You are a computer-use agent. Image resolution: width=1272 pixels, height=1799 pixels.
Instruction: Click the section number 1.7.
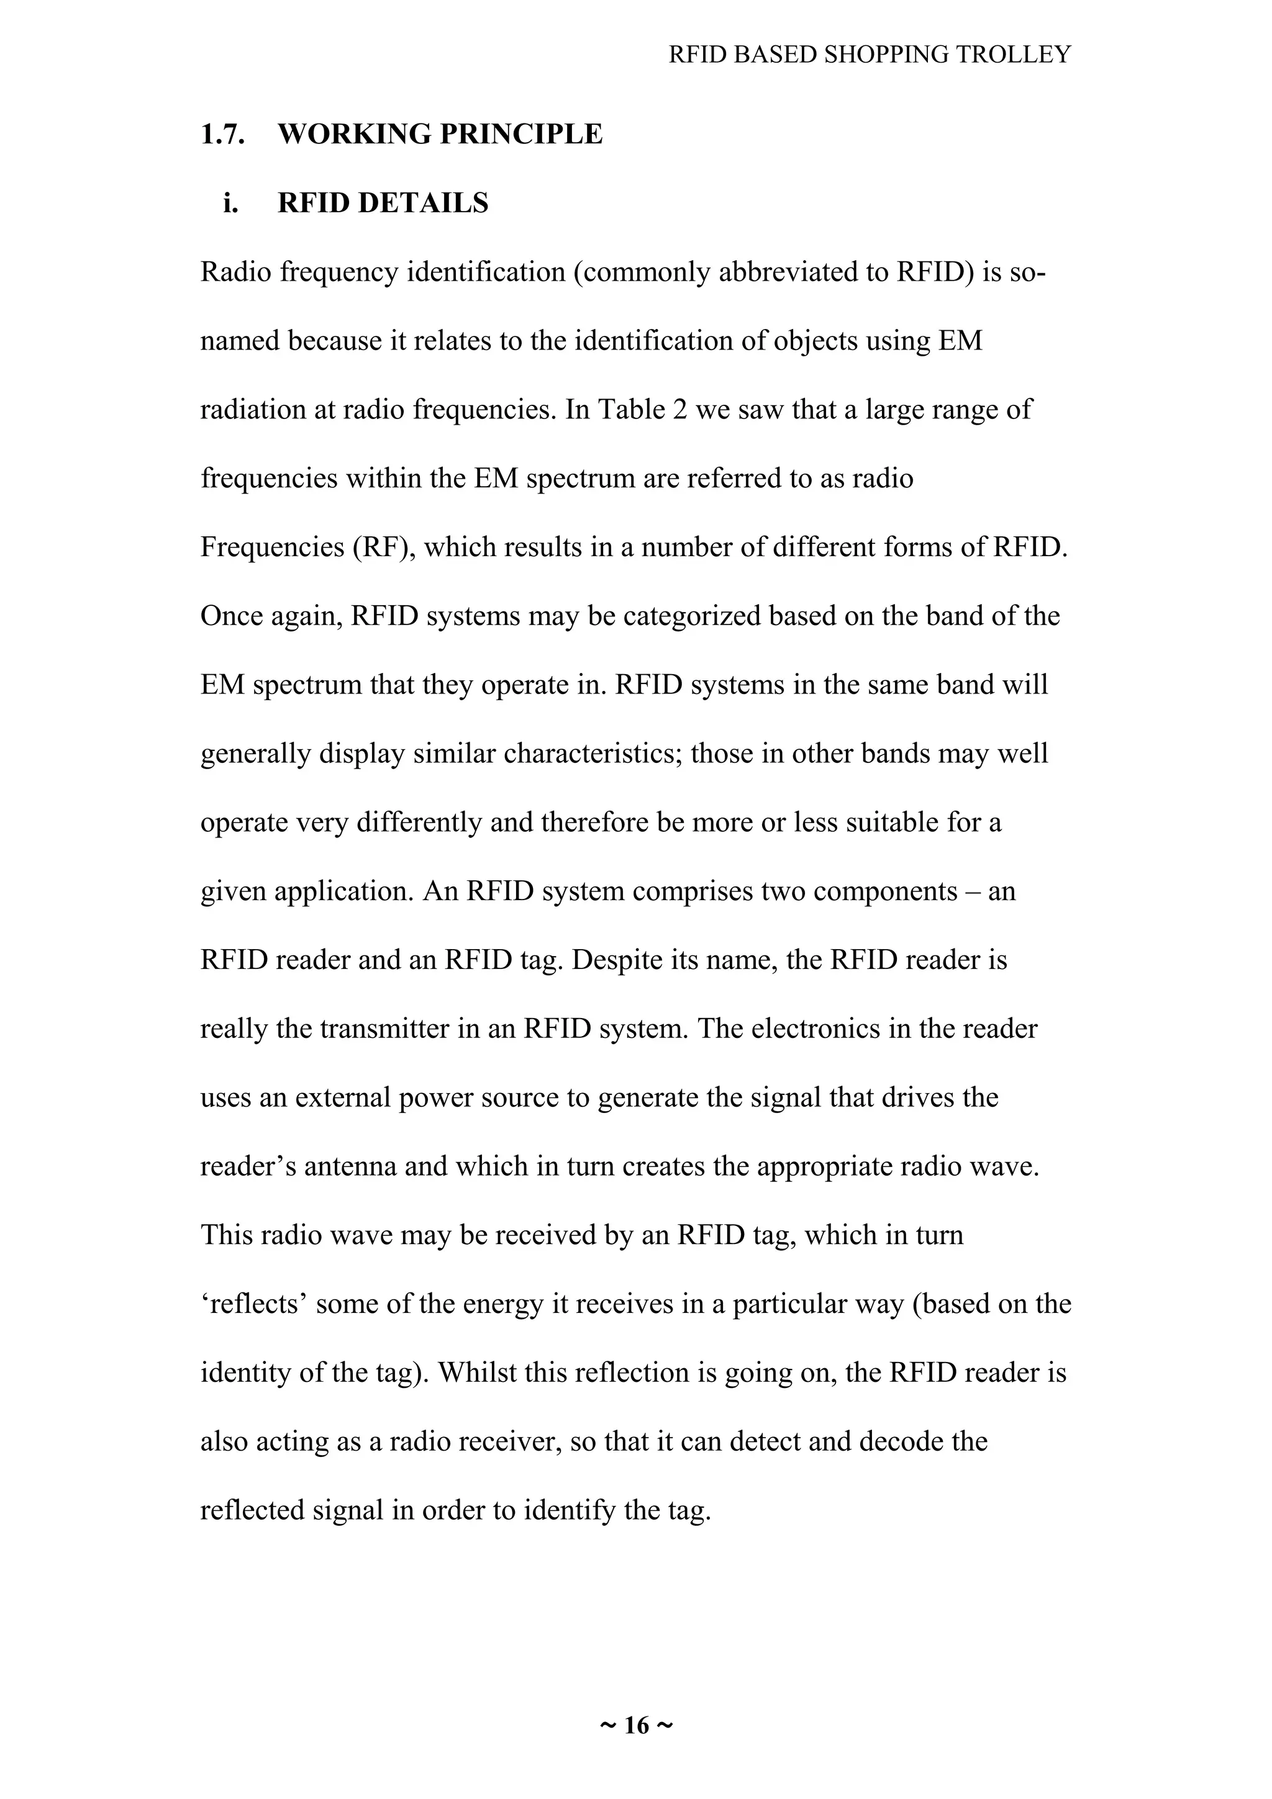(x=222, y=134)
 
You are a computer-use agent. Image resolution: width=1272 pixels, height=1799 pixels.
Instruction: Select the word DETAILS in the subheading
(x=423, y=203)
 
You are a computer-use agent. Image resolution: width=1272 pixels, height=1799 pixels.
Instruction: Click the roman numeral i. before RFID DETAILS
(x=230, y=203)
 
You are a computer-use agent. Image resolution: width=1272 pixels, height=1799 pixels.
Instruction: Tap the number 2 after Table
(x=679, y=409)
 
